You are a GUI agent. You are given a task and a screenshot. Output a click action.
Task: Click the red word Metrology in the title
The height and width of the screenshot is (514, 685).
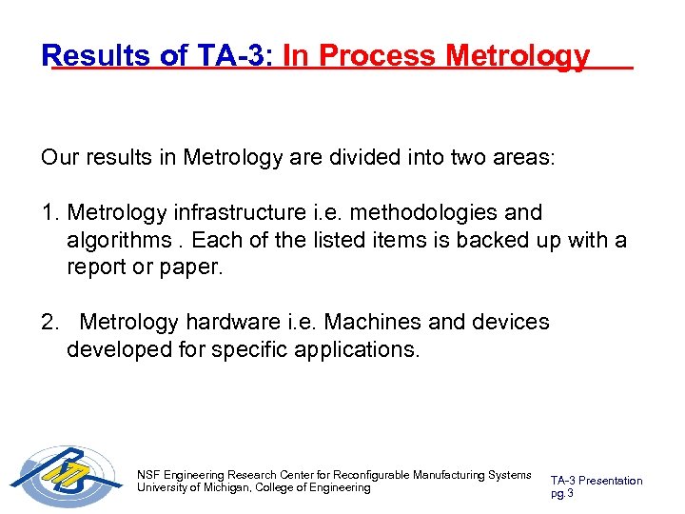(x=518, y=56)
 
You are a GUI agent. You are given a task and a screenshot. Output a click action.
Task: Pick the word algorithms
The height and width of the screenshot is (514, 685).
(x=113, y=240)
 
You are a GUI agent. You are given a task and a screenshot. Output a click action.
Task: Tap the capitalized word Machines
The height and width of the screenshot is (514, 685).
(x=377, y=322)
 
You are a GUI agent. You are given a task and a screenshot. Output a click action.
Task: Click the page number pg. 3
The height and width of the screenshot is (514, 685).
(x=562, y=493)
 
